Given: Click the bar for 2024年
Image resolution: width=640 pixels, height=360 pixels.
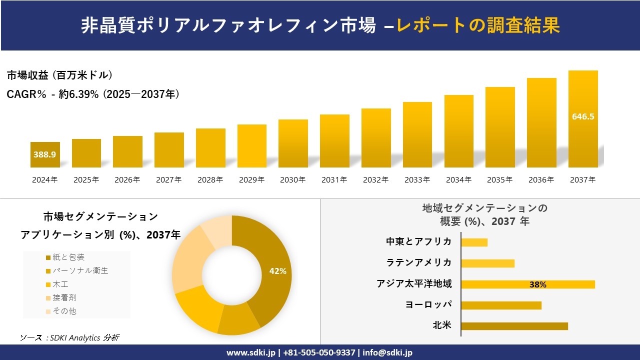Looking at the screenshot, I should click(45, 154).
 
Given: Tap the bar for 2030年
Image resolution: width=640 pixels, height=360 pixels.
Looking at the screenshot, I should click(293, 143).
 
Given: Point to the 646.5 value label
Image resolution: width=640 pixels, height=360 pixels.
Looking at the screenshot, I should click(583, 116).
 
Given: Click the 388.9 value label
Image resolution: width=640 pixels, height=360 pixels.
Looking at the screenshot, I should click(45, 154).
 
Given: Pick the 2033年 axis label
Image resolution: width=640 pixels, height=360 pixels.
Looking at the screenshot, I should click(417, 180).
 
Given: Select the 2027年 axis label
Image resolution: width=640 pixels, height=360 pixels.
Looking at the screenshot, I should click(168, 180).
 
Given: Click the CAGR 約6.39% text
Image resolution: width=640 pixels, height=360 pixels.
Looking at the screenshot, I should click(93, 94).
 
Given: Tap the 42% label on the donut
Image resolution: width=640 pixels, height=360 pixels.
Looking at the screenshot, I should click(277, 271).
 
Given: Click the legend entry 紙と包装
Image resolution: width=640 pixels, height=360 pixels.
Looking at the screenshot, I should click(68, 257).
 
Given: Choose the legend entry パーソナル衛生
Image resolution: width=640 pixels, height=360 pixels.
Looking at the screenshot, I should click(80, 270).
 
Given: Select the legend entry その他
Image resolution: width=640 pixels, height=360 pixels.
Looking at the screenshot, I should click(64, 311).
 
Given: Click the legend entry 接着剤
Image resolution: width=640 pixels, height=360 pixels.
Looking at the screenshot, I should click(64, 297).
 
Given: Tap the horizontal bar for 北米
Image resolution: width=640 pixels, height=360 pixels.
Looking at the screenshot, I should click(514, 326).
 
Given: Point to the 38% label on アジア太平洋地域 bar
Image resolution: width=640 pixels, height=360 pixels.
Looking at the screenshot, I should click(537, 284).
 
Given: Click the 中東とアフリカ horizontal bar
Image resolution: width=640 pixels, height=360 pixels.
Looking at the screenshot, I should click(474, 242).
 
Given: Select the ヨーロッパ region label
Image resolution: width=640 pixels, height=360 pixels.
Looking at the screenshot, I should click(428, 304).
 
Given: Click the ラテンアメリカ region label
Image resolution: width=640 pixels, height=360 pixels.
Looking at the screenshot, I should click(418, 262).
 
